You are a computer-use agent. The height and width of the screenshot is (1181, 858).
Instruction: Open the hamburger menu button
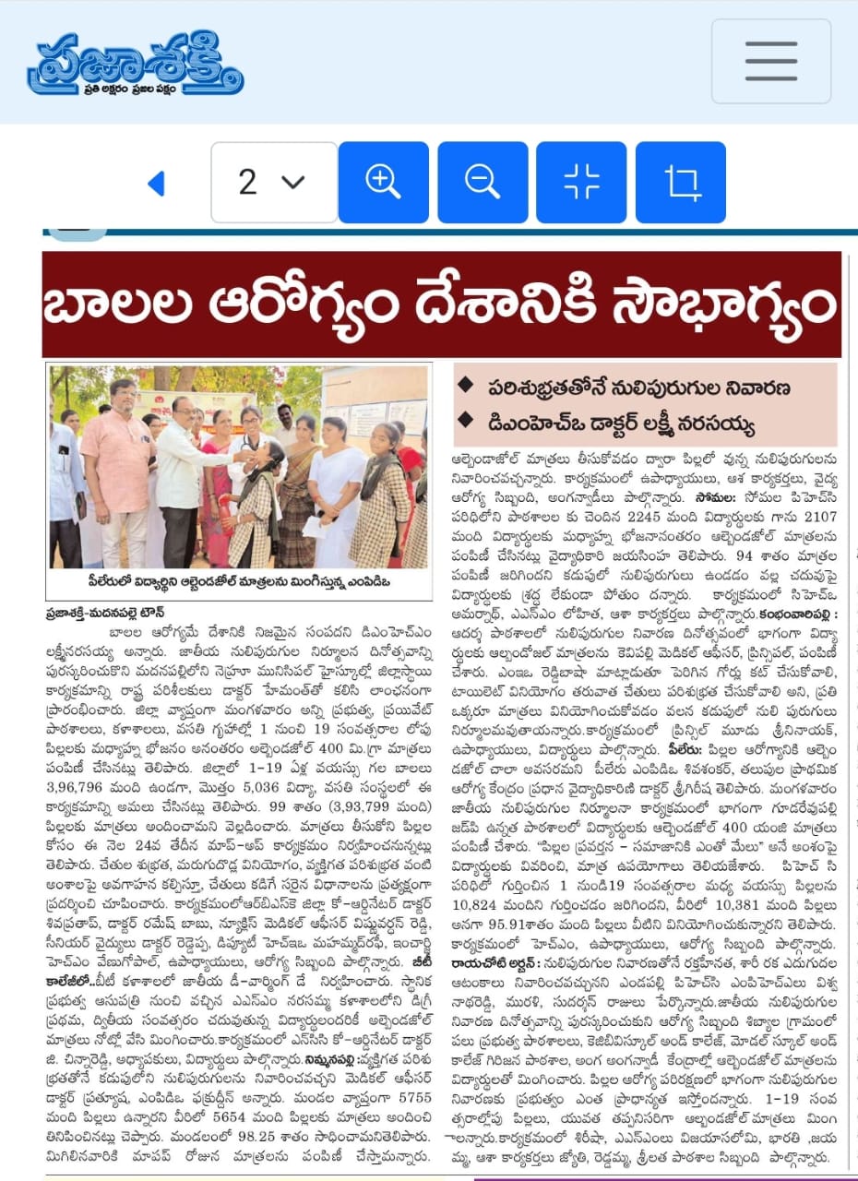(x=770, y=62)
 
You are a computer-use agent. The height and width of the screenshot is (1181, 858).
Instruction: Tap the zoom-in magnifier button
(x=383, y=182)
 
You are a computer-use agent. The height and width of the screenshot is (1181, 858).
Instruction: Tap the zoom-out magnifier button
(x=482, y=182)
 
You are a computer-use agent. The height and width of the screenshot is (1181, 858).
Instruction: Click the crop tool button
(x=680, y=182)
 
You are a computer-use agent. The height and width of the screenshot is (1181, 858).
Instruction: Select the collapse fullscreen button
(x=581, y=182)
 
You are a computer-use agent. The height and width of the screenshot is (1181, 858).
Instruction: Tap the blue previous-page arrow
(x=156, y=184)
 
